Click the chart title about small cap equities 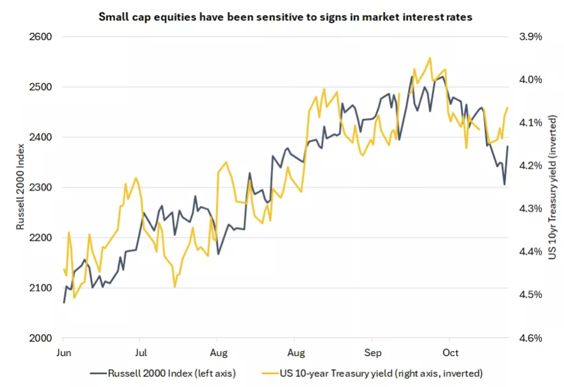click(286, 17)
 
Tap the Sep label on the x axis click(372, 353)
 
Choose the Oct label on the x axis click(451, 353)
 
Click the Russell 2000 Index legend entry click(163, 373)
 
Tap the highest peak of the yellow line click(430, 58)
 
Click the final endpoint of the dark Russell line click(508, 146)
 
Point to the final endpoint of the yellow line click(508, 108)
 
